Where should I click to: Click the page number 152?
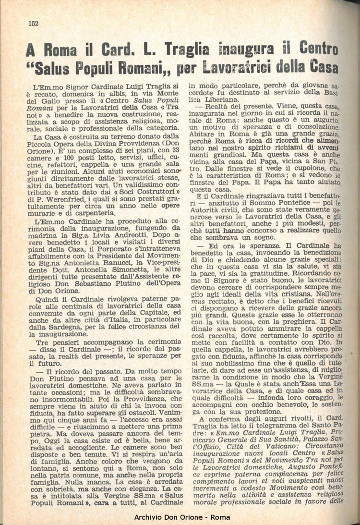33,23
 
